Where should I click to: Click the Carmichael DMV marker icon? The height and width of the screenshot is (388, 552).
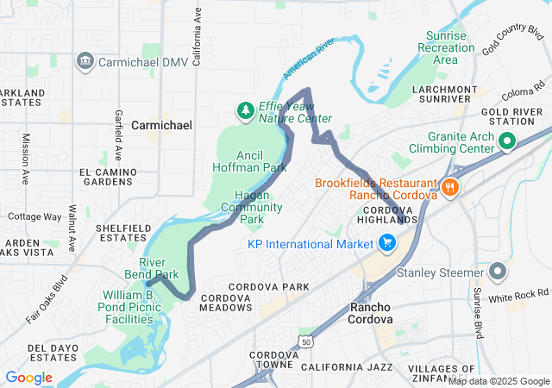click(85, 60)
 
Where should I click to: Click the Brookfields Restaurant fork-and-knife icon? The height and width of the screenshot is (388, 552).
click(448, 187)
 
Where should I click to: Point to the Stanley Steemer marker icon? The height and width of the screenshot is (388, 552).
click(497, 273)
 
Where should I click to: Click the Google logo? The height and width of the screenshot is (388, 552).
click(28, 378)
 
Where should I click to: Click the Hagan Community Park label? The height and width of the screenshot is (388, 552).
click(251, 207)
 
